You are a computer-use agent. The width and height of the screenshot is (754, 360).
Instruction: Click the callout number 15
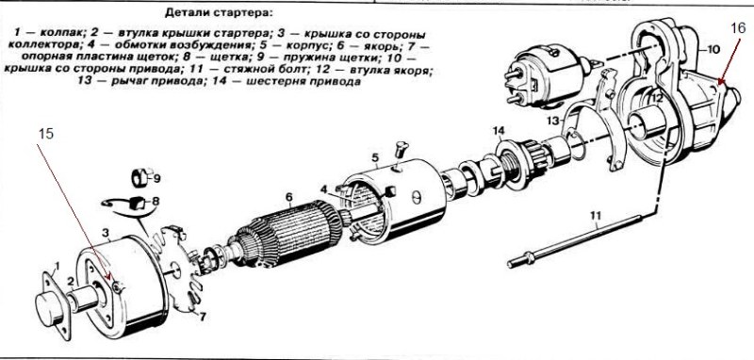(45, 134)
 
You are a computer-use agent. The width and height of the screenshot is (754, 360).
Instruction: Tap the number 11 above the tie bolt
(596, 216)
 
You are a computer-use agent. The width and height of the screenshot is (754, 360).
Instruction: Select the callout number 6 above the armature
(288, 197)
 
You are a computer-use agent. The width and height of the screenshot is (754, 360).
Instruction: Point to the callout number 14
(499, 130)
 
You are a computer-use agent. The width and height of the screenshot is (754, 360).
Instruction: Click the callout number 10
(713, 49)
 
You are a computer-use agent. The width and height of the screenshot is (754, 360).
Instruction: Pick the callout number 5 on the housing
(375, 157)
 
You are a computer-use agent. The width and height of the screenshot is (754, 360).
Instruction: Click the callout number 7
(203, 318)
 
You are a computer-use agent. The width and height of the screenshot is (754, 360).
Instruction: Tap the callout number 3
(106, 233)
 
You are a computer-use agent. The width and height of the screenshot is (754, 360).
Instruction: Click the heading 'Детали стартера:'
(219, 12)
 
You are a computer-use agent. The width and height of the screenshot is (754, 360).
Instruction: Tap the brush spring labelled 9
(139, 178)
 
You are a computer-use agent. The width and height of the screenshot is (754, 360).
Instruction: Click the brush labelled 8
(137, 204)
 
